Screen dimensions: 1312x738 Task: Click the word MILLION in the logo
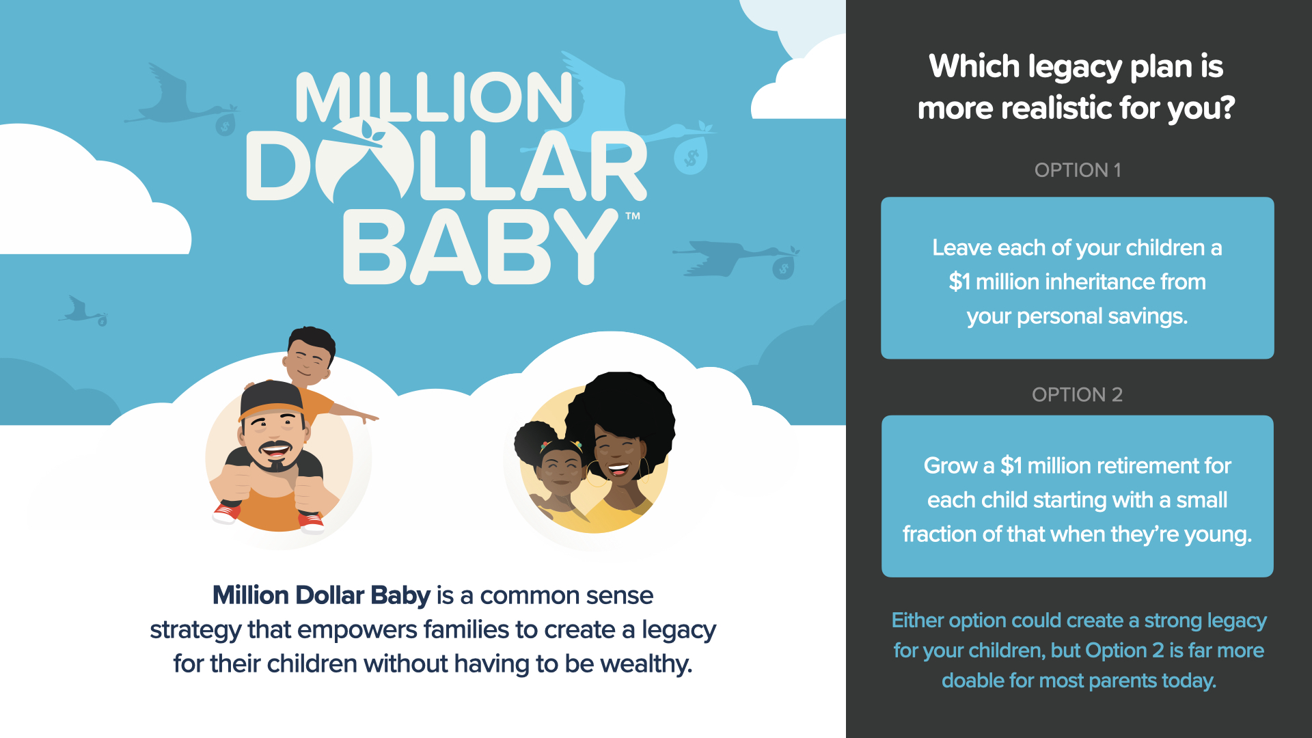pos(435,97)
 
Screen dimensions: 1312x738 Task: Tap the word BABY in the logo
pos(480,247)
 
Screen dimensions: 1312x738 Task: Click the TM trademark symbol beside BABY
pos(633,216)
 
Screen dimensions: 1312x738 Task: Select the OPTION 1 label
pos(1078,170)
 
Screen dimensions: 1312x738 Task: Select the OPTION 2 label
pos(1078,395)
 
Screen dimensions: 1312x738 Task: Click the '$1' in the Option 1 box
pos(959,282)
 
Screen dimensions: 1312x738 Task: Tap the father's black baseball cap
pos(271,400)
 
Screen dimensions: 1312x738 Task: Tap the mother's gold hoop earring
pos(644,471)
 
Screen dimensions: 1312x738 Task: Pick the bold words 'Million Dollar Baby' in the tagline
pos(321,595)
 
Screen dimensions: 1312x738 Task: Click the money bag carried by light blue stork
pos(691,156)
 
